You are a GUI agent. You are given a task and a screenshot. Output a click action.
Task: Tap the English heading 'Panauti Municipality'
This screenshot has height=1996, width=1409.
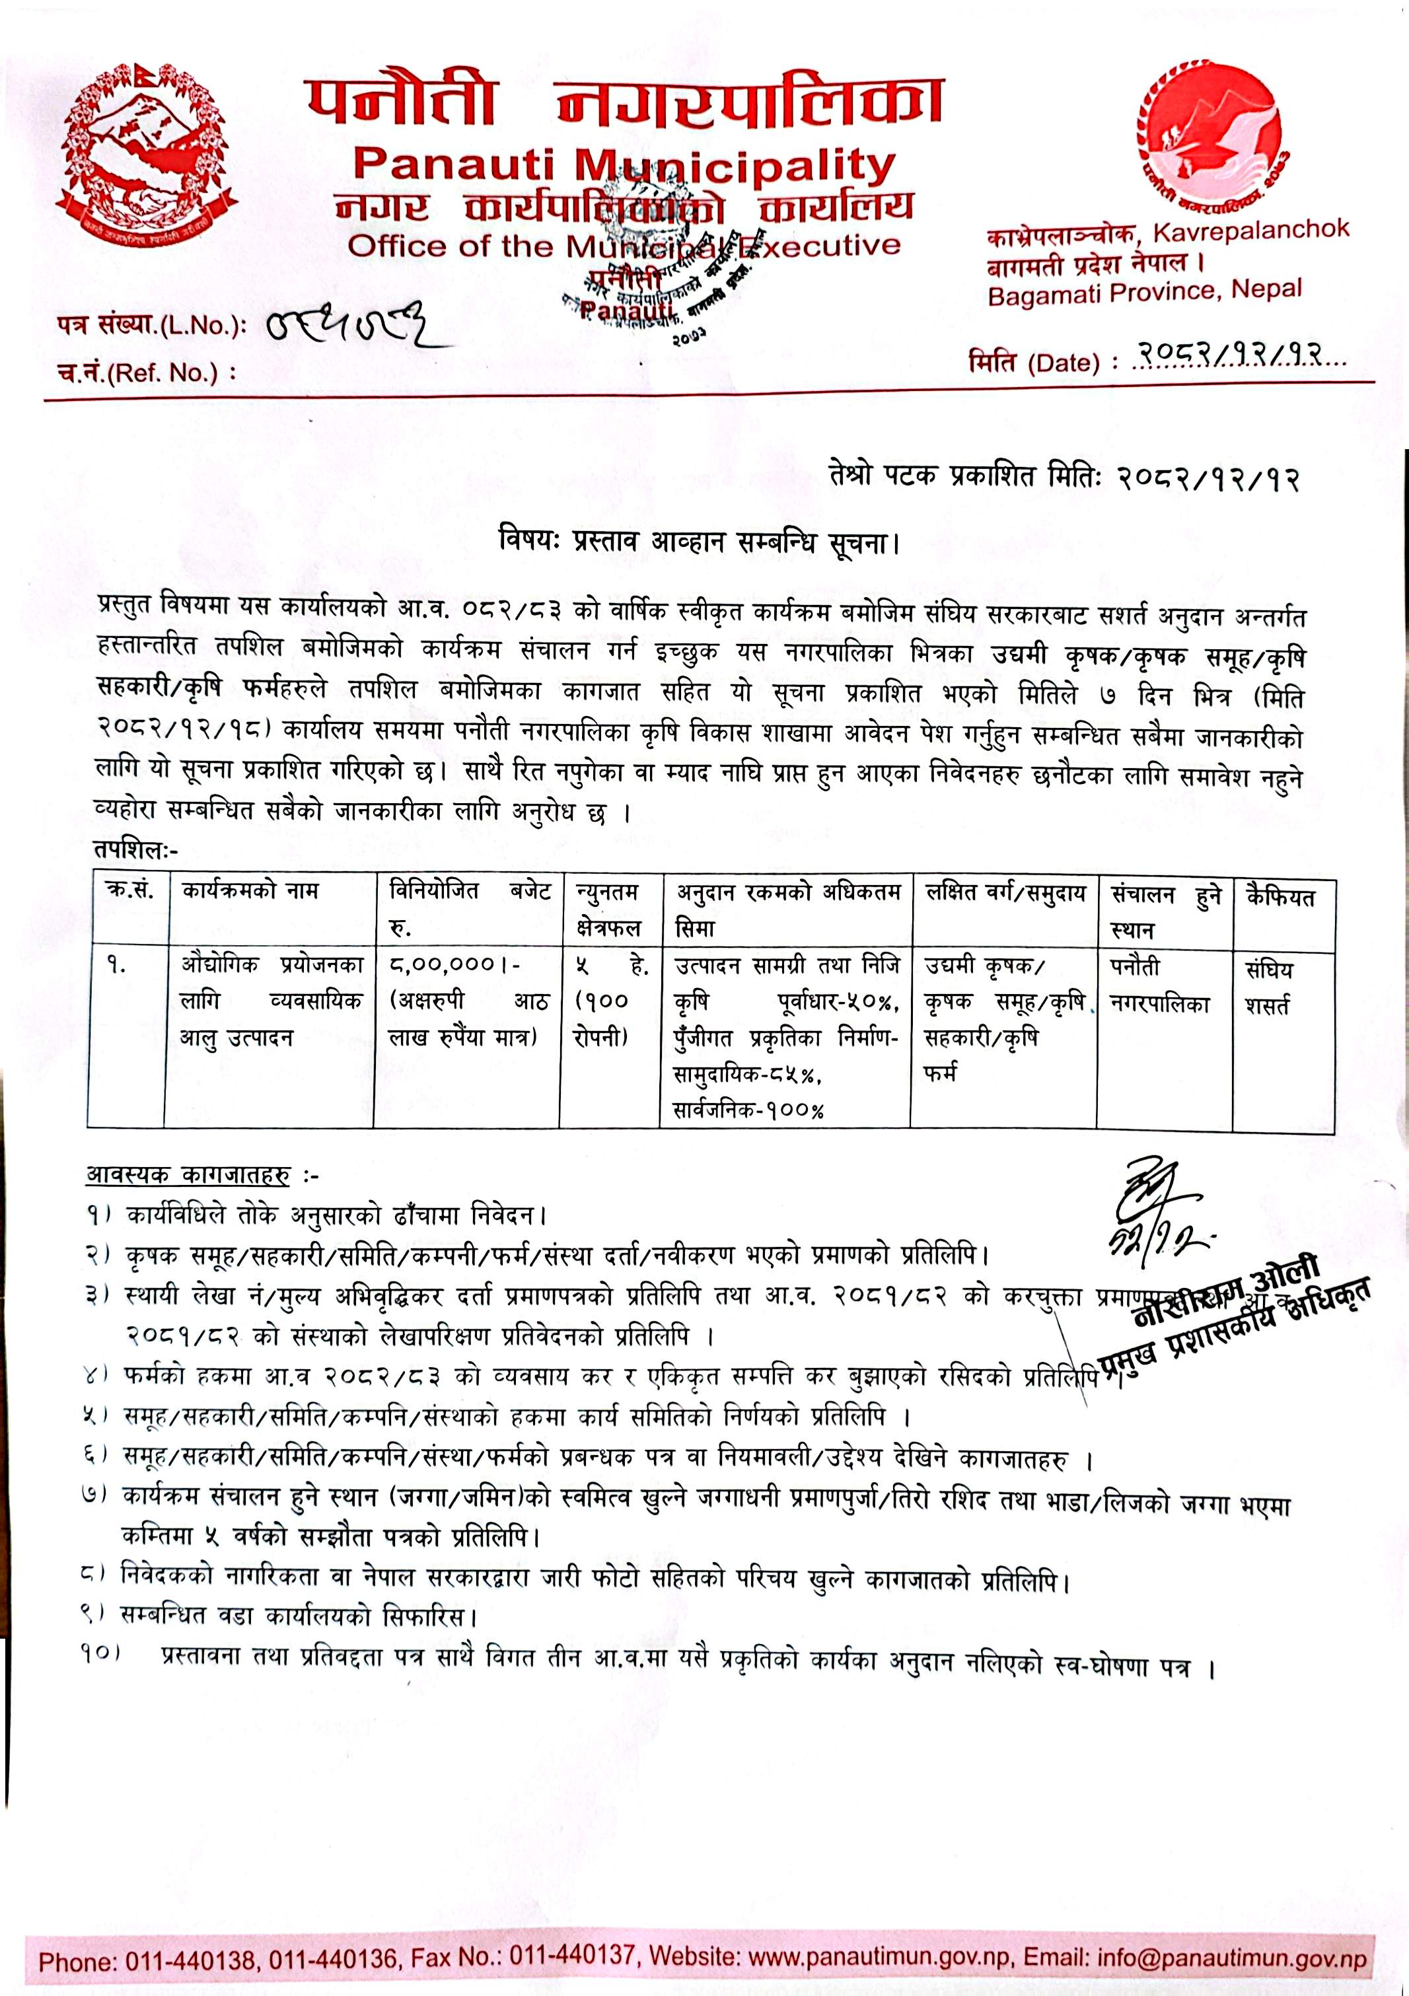[623, 165]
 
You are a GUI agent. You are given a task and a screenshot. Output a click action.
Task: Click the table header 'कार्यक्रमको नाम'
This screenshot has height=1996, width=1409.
[250, 891]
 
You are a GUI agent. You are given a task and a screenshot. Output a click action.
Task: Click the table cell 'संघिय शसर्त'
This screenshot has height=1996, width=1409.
[1269, 987]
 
